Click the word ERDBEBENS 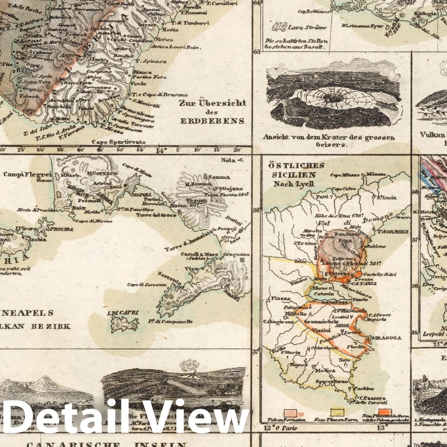pos(212,121)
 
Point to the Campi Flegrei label pos(28,175)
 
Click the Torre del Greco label pos(156,215)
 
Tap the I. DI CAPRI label pos(123,313)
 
